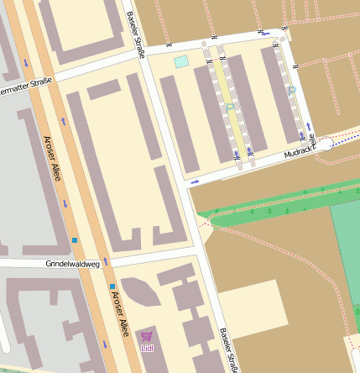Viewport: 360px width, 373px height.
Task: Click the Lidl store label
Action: pos(148,348)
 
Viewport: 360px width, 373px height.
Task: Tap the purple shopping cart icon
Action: pos(148,336)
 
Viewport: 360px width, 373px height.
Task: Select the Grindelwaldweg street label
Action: pos(73,264)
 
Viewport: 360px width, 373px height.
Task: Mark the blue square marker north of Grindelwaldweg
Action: pos(75,240)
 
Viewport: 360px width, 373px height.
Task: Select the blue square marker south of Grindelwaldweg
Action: pos(112,286)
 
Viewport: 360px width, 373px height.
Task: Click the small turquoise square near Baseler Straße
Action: pos(181,61)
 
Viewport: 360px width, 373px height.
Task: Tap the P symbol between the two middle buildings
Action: pos(229,108)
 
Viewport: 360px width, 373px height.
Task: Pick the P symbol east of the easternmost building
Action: pos(292,90)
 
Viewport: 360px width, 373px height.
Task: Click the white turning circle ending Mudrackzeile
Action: pos(324,144)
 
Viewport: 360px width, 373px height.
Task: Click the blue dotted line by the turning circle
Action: pos(344,139)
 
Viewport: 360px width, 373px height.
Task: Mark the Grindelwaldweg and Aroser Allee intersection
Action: pos(92,263)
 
